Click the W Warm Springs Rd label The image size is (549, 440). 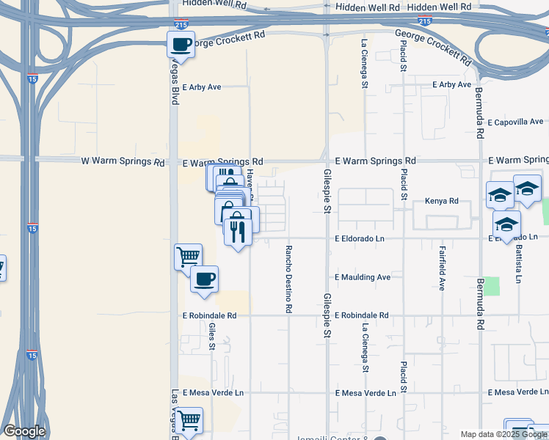point(123,161)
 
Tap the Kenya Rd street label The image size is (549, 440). point(441,201)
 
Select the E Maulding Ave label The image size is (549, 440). point(363,277)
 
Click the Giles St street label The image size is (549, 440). point(212,337)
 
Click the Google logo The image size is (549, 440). point(24,431)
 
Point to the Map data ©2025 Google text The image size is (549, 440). point(502,434)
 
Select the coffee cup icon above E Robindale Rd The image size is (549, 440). point(204,279)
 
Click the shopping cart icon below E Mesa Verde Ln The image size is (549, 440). point(189,420)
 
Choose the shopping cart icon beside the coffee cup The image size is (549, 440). point(188,257)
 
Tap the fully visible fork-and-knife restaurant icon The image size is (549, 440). point(238,232)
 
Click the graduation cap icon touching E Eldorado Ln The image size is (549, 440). point(506,224)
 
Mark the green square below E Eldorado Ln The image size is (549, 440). point(492,286)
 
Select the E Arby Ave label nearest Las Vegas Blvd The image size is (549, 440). point(202,87)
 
